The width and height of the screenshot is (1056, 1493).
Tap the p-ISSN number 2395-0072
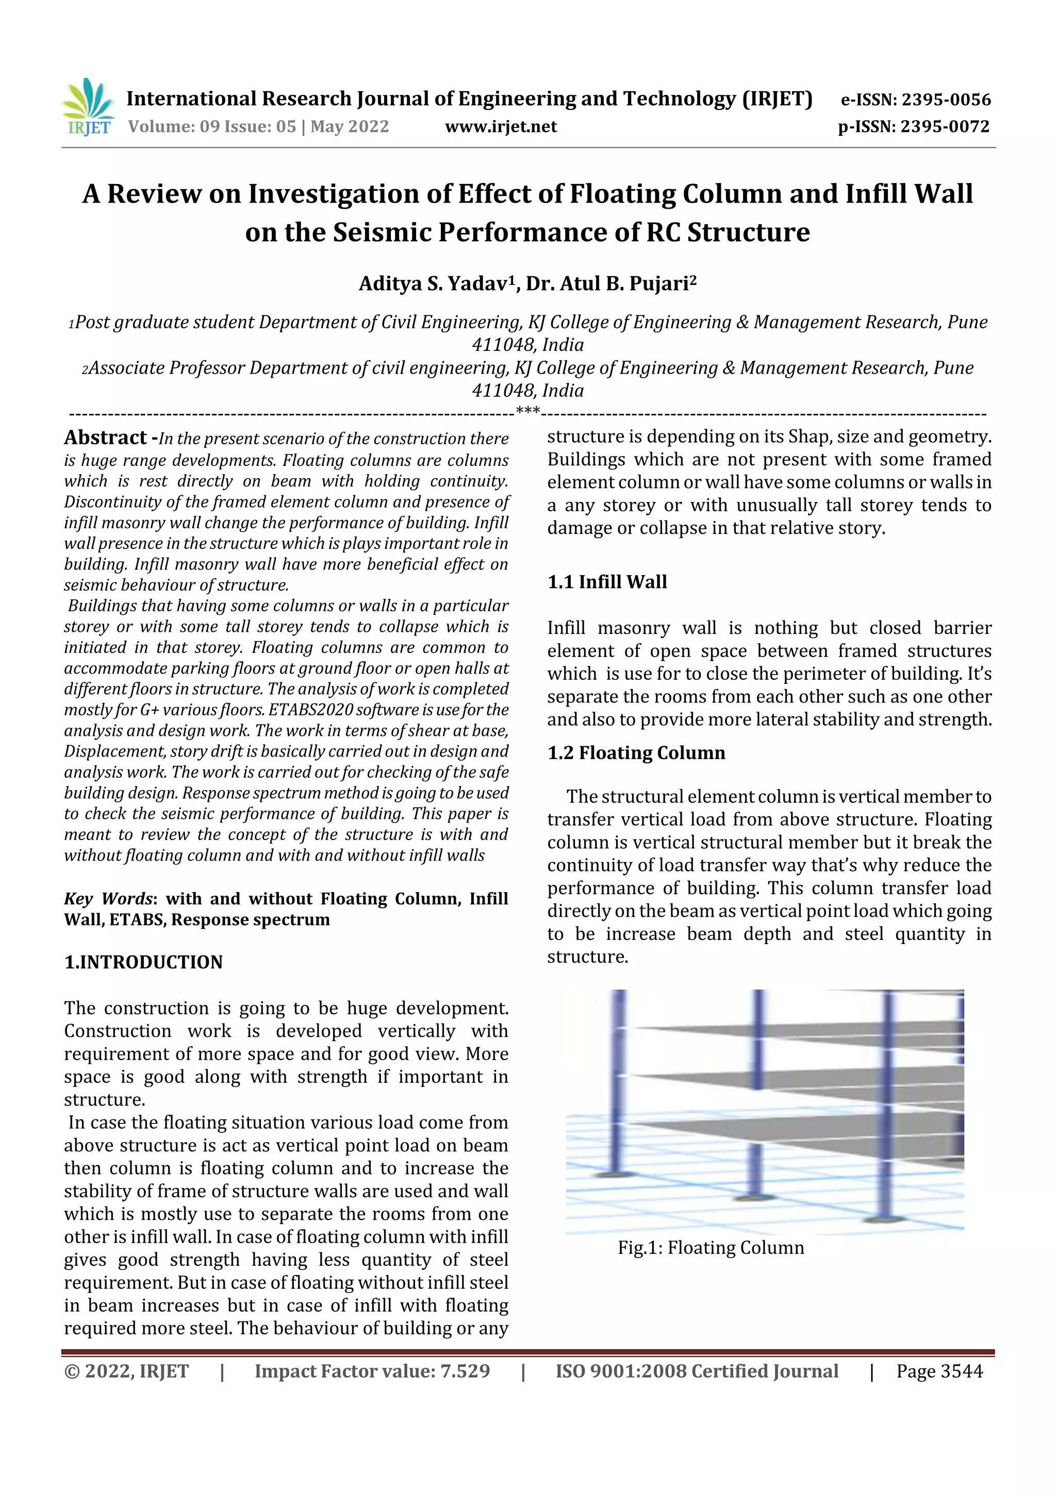coord(945,127)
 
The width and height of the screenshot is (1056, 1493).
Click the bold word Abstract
coord(105,438)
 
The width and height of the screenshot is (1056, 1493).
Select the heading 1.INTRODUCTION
coord(143,962)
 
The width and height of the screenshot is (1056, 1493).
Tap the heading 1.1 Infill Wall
coord(607,581)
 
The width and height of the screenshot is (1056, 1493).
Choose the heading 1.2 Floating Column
coord(636,752)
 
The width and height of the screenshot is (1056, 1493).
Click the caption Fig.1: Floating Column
coord(711,1248)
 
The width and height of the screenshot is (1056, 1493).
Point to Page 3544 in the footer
coord(939,1371)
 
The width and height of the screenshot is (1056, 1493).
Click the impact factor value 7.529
coord(465,1371)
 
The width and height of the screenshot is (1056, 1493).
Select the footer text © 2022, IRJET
coord(126,1371)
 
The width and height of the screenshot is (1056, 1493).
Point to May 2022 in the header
coord(350,127)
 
